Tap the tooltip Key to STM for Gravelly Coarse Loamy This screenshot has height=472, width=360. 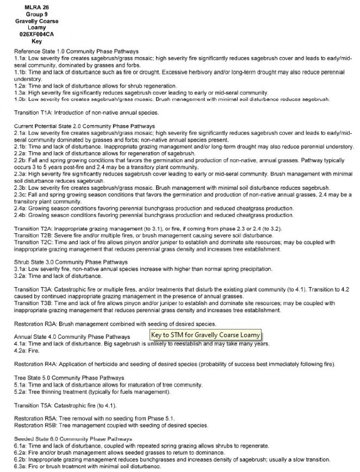tap(206, 335)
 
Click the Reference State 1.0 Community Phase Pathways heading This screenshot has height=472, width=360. tap(76, 51)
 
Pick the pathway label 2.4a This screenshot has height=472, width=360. tap(21, 208)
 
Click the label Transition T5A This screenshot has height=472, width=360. tap(35, 405)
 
